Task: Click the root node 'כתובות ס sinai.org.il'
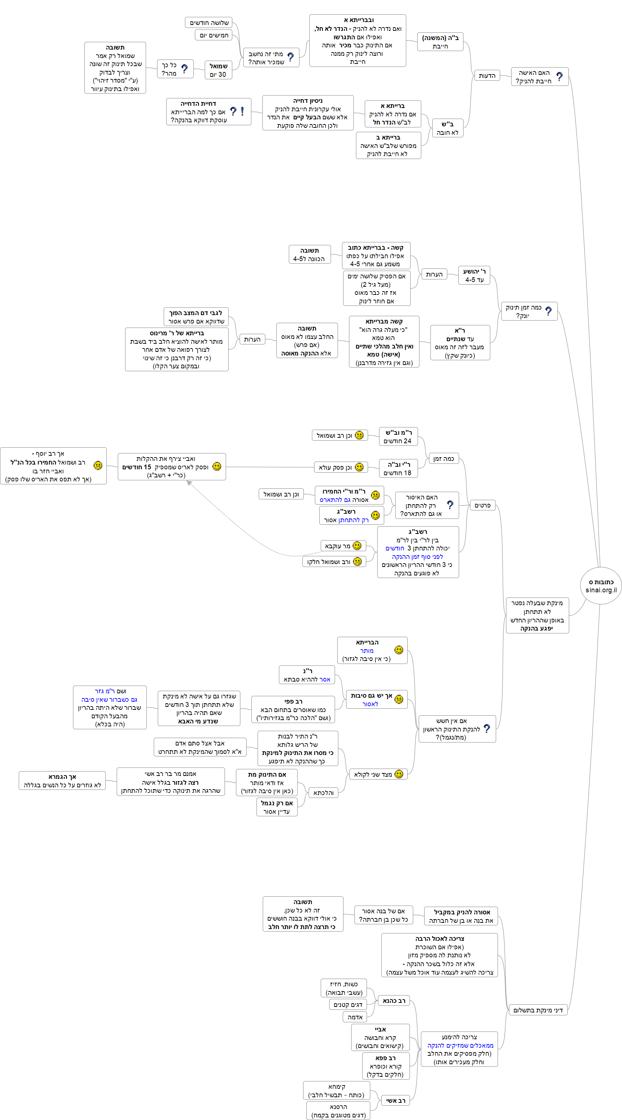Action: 601,586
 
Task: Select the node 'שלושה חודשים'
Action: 208,23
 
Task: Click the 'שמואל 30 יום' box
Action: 218,70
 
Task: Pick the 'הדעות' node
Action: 487,76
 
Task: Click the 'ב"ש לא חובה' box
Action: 447,128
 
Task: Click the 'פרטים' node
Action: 482,505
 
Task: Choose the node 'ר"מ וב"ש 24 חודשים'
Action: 398,437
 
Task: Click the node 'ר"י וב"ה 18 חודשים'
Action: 398,469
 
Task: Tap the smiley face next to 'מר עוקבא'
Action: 357,546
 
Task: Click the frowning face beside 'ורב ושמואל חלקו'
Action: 357,561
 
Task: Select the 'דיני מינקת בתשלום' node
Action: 537,1010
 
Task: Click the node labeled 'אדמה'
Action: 355,1017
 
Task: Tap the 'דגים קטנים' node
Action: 348,1005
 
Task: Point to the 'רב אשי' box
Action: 395,1101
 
